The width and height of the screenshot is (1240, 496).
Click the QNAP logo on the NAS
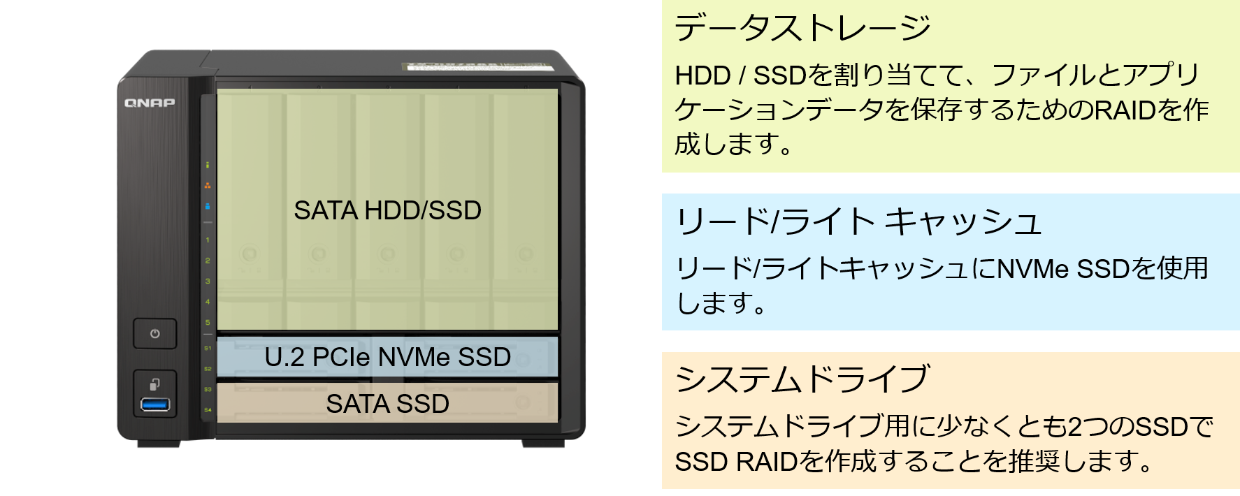[150, 103]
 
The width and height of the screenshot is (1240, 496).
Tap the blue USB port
[154, 404]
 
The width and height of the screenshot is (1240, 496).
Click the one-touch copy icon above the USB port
[154, 384]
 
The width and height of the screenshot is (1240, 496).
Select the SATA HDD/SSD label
[387, 210]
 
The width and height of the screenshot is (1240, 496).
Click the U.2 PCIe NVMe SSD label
[387, 357]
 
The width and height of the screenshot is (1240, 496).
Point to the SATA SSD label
[387, 404]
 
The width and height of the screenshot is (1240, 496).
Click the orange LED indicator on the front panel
[208, 186]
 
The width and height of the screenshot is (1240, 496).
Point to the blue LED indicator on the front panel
[208, 206]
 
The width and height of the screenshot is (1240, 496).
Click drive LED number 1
[208, 240]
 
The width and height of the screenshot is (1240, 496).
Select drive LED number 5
[208, 323]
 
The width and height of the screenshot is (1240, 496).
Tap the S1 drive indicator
[208, 348]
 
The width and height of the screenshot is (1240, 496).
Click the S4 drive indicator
[208, 410]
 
